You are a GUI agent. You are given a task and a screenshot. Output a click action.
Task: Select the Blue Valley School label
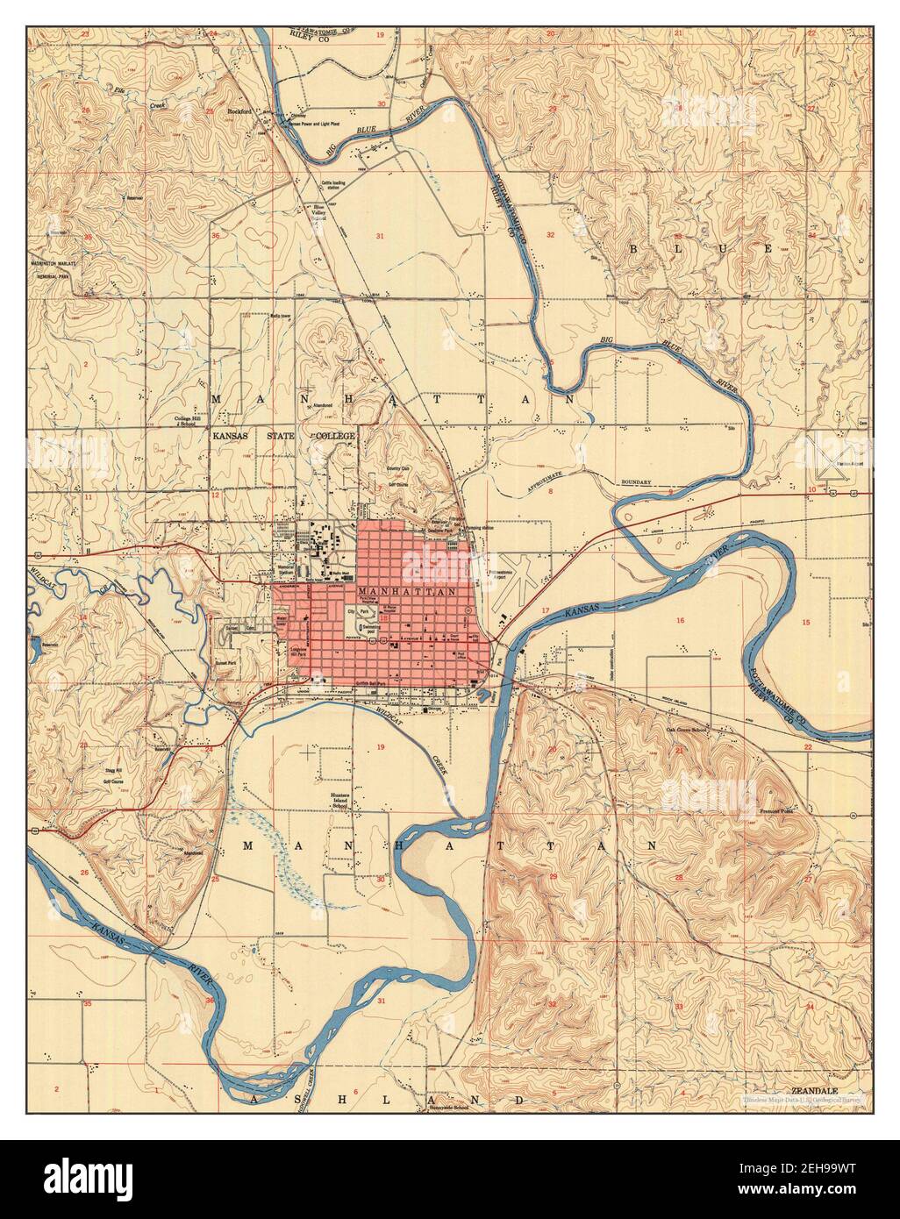313,212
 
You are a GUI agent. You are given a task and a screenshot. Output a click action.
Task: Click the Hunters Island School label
339,800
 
